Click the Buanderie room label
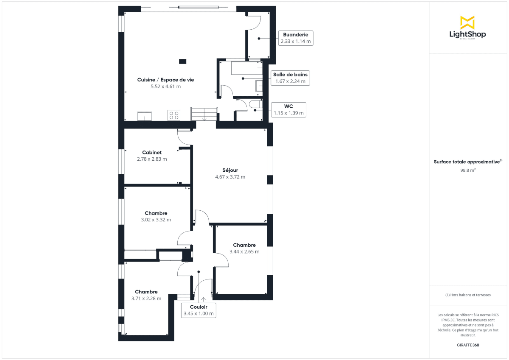tap(295, 34)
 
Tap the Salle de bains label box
tap(290, 78)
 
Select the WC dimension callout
tap(288, 109)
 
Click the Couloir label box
tap(199, 310)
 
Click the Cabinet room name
tap(152, 152)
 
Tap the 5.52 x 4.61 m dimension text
tap(165, 87)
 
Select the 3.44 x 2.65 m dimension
tap(244, 251)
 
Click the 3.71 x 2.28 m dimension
tap(146, 299)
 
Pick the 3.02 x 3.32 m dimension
tap(156, 220)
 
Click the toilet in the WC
tap(255, 104)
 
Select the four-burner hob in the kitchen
tap(174, 115)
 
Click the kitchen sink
tap(145, 116)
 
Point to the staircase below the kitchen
tap(204, 114)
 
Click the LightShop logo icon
tap(467, 22)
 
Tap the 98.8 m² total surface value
tap(468, 170)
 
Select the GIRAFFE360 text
tap(468, 345)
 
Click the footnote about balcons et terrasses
tap(468, 295)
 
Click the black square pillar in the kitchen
tap(182, 61)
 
